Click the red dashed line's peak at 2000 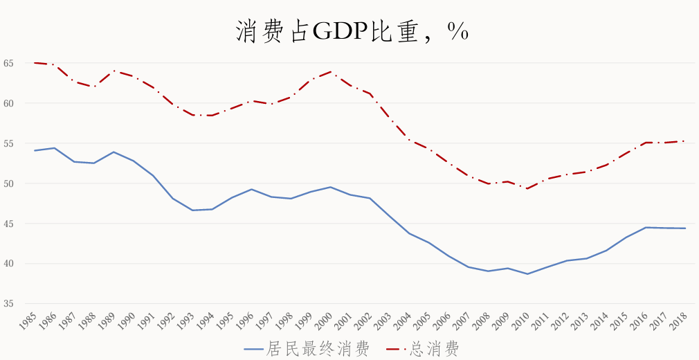331,71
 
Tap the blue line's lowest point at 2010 527,274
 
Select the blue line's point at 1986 54,147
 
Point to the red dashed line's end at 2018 685,141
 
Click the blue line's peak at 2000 331,187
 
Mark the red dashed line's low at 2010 527,188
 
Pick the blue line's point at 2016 646,227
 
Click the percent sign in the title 457,31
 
